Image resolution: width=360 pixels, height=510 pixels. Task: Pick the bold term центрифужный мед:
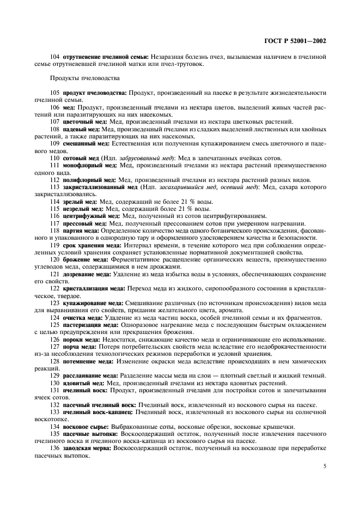(x=90, y=216)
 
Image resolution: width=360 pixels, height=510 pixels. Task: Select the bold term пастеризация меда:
(x=91, y=324)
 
